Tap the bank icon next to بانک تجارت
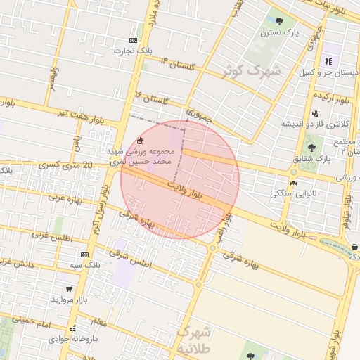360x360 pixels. coord(134,41)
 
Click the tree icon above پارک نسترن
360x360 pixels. coord(279,22)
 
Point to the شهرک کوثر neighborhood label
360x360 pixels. coord(251,71)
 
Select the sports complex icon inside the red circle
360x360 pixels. coord(141,140)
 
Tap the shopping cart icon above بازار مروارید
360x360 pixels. coord(68,288)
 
